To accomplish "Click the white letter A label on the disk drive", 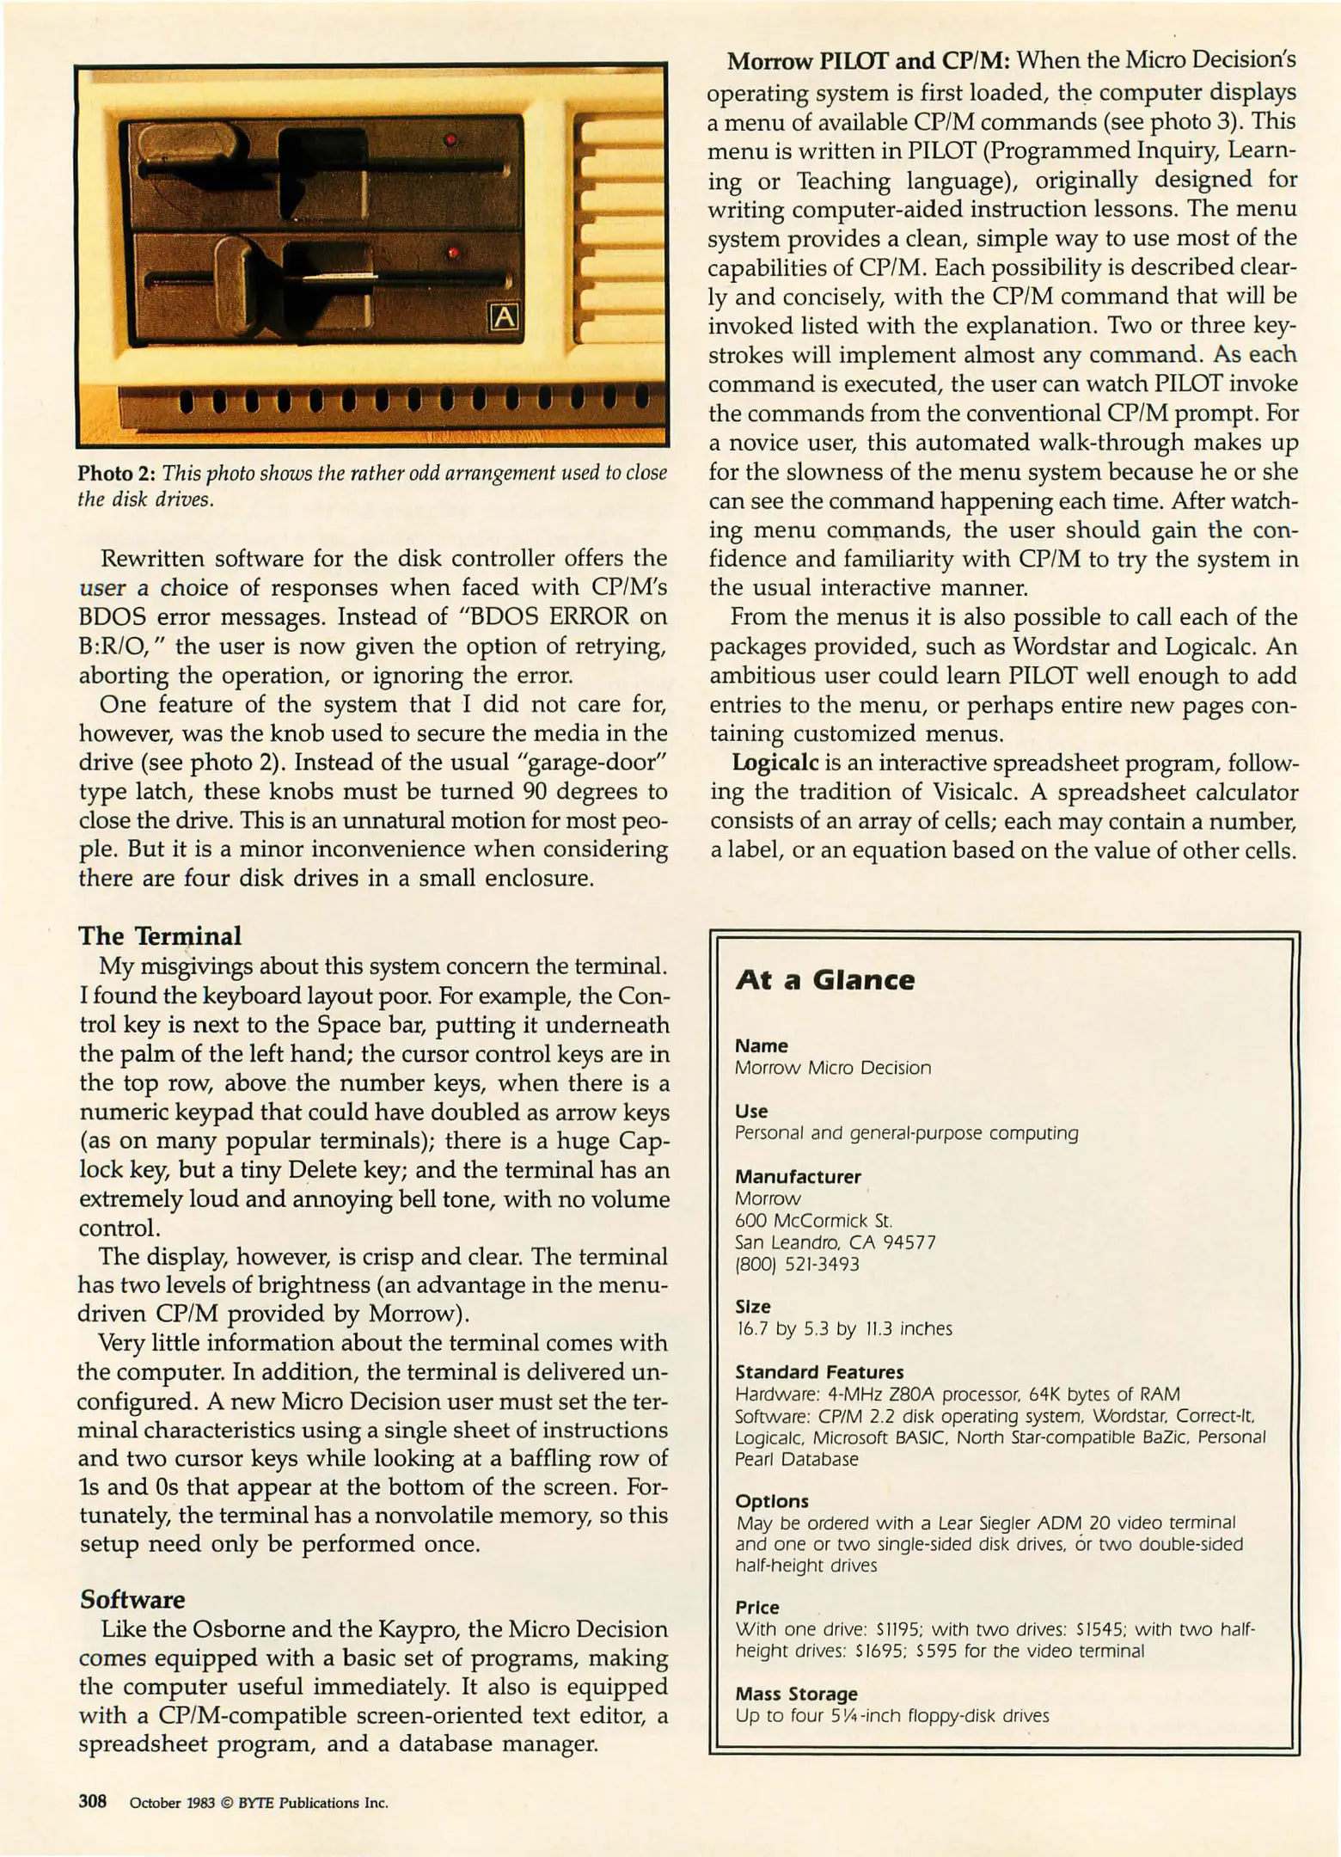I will coord(504,317).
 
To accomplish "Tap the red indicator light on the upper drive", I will coord(449,139).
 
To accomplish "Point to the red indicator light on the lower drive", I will coord(453,253).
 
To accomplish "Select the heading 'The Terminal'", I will coord(160,935).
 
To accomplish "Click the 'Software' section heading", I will coord(132,1599).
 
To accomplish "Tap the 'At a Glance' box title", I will coord(825,980).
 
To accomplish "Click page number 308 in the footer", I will coord(92,1801).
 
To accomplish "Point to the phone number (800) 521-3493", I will coord(797,1264).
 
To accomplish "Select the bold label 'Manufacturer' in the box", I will coord(798,1176).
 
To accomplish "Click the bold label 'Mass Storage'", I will coord(796,1694).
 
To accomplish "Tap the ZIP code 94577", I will coord(909,1242).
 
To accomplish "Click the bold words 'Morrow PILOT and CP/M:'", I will coord(868,62).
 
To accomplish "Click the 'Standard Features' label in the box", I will coord(819,1372).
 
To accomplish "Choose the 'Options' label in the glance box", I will coord(772,1501).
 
